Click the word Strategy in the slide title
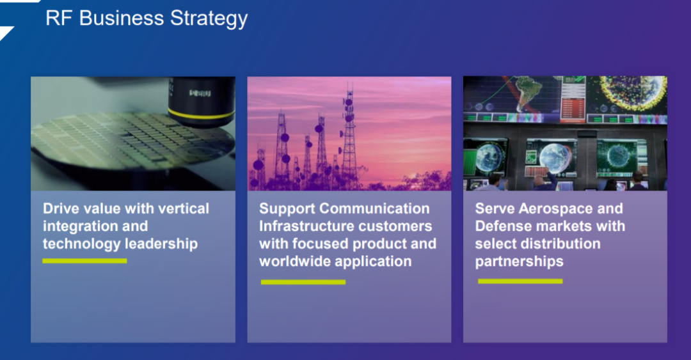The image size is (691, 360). (209, 19)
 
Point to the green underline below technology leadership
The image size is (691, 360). (84, 261)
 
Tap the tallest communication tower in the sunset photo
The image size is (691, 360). (350, 137)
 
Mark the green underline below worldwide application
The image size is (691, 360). (303, 282)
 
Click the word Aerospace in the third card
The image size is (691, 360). (550, 208)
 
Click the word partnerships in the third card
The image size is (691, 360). (519, 262)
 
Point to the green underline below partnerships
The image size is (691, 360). (520, 281)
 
